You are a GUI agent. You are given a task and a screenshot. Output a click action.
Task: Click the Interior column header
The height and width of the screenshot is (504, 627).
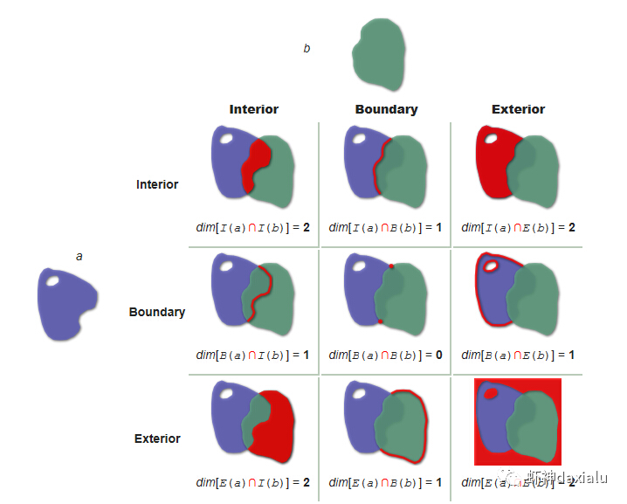coord(253,109)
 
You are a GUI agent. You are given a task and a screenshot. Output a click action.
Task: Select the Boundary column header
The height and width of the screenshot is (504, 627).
coord(386,109)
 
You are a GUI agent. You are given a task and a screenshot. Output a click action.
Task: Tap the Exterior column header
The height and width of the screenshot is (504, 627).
coord(518,109)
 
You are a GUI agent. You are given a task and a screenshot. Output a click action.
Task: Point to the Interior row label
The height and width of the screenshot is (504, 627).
coord(157,184)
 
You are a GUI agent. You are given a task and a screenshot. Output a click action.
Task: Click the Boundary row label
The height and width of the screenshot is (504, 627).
coord(157,312)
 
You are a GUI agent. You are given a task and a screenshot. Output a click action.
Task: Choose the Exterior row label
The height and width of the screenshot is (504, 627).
coord(157,438)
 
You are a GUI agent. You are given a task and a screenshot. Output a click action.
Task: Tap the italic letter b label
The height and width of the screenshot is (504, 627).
coord(307,49)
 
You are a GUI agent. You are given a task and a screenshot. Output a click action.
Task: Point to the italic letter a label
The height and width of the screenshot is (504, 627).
coord(79,256)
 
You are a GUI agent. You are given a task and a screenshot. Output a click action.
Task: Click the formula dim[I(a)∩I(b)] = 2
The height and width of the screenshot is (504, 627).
coord(253,227)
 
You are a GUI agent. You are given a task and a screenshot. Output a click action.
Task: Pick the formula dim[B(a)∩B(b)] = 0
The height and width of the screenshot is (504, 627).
coord(385,355)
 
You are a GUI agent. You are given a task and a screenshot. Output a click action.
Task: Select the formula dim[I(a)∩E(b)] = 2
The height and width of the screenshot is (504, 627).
coord(518,227)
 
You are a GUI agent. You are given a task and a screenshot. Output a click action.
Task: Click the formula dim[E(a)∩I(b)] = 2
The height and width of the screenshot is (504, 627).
coord(253,481)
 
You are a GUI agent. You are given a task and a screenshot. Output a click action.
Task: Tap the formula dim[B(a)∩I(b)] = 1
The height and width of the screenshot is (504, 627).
coord(253,355)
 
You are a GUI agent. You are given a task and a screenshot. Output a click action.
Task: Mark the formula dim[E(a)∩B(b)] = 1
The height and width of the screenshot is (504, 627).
coord(385,481)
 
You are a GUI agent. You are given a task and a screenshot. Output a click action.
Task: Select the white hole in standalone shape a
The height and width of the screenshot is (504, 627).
coord(54,281)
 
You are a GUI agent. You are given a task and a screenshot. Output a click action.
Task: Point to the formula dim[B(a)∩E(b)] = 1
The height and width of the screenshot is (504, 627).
coord(518,355)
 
